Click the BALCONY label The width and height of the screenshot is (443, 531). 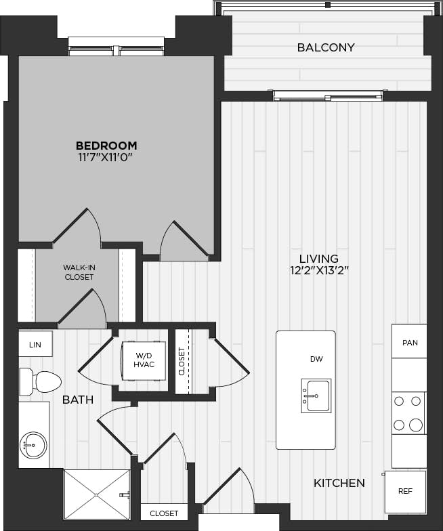pyautogui.click(x=326, y=47)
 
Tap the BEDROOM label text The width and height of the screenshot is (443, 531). pyautogui.click(x=106, y=145)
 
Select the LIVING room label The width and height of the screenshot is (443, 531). pyautogui.click(x=319, y=258)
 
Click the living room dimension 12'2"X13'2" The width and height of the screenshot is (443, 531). pyautogui.click(x=319, y=271)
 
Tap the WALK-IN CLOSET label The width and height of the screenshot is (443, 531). pyautogui.click(x=79, y=272)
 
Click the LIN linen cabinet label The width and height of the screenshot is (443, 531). pyautogui.click(x=35, y=345)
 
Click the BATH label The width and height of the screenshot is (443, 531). pyautogui.click(x=78, y=400)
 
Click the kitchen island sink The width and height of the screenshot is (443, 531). pyautogui.click(x=316, y=395)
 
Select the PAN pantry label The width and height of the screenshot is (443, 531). pyautogui.click(x=410, y=343)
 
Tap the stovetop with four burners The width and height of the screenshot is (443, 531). pyautogui.click(x=409, y=412)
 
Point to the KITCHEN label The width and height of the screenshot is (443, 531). pyautogui.click(x=339, y=483)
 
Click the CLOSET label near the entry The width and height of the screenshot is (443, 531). pyautogui.click(x=164, y=513)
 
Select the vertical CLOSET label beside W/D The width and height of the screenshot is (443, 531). pyautogui.click(x=182, y=362)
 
